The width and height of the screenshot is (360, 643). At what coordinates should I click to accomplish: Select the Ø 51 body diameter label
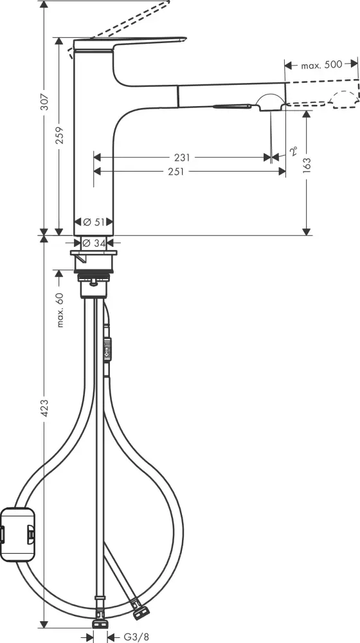click(x=94, y=222)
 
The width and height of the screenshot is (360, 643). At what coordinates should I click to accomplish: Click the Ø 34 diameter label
click(x=94, y=243)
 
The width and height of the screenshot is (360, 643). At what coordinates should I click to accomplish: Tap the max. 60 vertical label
click(x=60, y=309)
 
